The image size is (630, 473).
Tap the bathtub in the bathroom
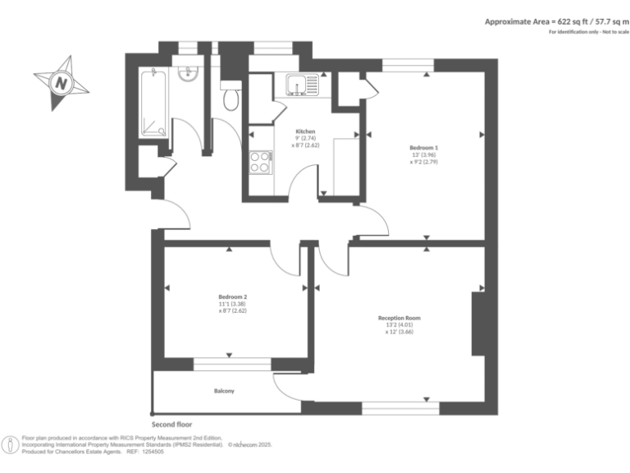point(153,103)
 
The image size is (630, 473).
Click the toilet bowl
point(231,97)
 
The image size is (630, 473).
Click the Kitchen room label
point(305,131)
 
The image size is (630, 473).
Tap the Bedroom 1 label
point(424,148)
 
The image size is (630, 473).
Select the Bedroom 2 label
point(233,296)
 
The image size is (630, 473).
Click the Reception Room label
point(399,318)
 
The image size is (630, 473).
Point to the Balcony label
point(224,391)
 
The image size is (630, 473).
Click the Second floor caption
point(172,425)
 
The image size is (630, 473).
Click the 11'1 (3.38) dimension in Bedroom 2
point(233,304)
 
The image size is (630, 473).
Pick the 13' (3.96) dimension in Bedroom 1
point(424,155)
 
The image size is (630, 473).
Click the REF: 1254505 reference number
point(146,452)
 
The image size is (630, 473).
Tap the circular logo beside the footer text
point(11,445)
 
